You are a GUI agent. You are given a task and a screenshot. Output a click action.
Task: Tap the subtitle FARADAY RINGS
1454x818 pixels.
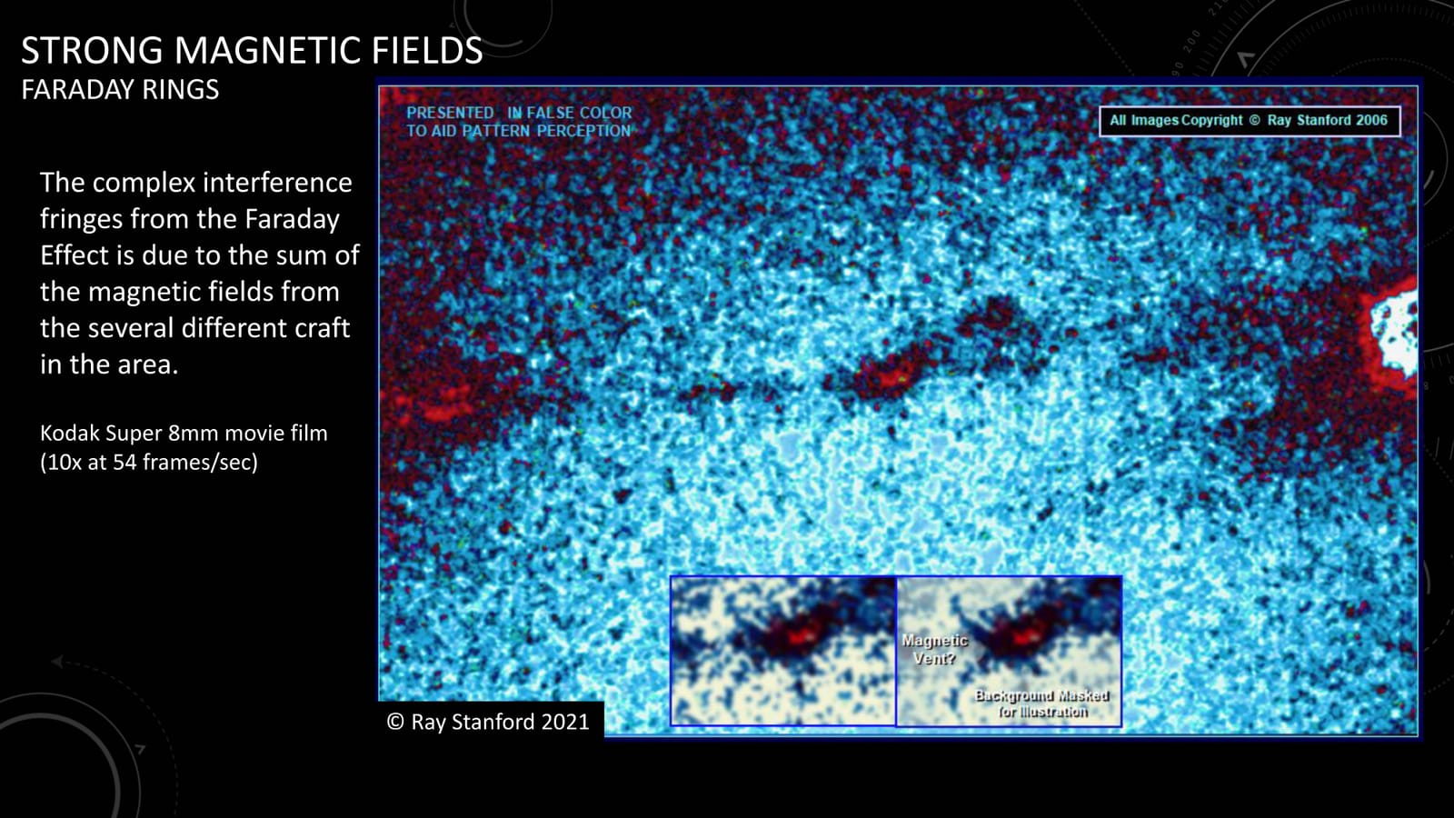pyautogui.click(x=120, y=90)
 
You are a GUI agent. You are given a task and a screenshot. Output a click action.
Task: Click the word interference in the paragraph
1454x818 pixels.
pyautogui.click(x=267, y=183)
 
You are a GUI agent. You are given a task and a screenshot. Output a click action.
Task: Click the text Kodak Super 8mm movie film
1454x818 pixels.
pyautogui.click(x=184, y=434)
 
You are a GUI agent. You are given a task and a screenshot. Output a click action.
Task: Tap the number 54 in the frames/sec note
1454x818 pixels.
pyautogui.click(x=124, y=463)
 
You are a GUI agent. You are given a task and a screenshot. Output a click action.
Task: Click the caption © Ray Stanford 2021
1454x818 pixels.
pyautogui.click(x=488, y=722)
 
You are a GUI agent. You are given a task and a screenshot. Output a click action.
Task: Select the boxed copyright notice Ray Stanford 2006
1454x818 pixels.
pyautogui.click(x=1249, y=121)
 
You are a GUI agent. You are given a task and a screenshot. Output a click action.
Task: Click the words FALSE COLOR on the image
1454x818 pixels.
pyautogui.click(x=579, y=113)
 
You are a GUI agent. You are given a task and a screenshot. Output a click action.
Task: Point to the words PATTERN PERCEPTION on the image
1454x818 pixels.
pyautogui.click(x=545, y=131)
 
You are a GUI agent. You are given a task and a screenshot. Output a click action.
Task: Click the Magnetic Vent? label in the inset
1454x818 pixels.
pyautogui.click(x=934, y=649)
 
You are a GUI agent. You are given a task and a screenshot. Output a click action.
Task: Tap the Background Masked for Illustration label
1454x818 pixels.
pyautogui.click(x=1041, y=703)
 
